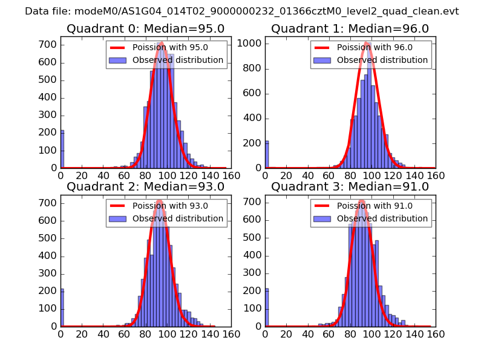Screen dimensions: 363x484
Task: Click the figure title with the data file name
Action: click(242, 11)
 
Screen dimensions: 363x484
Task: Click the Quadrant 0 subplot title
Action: click(145, 29)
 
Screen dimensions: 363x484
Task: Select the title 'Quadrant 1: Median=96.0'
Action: click(350, 29)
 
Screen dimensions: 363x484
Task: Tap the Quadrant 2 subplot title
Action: click(145, 187)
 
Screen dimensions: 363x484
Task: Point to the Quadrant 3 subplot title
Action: click(350, 187)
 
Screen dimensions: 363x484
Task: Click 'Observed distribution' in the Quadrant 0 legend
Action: click(178, 60)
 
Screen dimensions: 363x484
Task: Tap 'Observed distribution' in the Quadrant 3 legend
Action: click(382, 218)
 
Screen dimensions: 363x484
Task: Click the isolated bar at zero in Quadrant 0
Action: click(62, 149)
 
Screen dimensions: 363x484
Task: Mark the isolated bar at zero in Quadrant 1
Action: click(267, 155)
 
